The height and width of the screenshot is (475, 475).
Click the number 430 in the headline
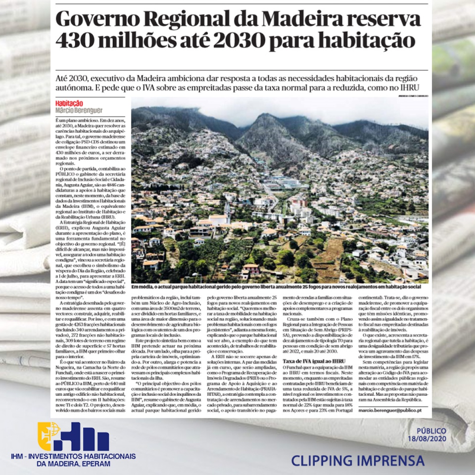77,41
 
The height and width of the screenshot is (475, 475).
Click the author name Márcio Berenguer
79,110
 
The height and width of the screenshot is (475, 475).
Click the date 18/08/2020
427,439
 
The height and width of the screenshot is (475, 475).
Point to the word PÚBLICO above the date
431,431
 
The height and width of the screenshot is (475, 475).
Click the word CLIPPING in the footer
321,461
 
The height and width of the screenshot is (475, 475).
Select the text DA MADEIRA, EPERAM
73,464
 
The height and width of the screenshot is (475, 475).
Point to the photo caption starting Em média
276,287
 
